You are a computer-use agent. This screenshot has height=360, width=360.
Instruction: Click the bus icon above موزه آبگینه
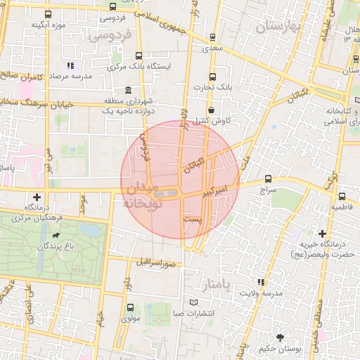(x=48, y=14)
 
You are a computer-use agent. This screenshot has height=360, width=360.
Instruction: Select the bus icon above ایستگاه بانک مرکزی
(x=139, y=56)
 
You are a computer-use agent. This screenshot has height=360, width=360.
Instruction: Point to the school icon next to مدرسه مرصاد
(x=70, y=65)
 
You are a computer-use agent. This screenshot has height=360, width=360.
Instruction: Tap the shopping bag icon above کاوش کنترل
(x=212, y=109)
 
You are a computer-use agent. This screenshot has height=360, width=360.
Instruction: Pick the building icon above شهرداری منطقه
(x=127, y=90)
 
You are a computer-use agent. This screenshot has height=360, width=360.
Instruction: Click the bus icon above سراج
(x=268, y=179)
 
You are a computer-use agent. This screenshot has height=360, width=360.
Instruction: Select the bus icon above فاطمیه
(x=342, y=197)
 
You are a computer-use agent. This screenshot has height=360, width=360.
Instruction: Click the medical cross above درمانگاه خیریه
(x=322, y=233)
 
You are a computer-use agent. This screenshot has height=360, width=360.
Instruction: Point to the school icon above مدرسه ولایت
(x=262, y=282)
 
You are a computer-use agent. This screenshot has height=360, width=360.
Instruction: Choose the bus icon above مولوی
(x=129, y=307)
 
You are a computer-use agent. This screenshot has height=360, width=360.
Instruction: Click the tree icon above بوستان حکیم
(x=281, y=337)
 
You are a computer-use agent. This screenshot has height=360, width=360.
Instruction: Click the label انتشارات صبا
(x=194, y=314)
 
